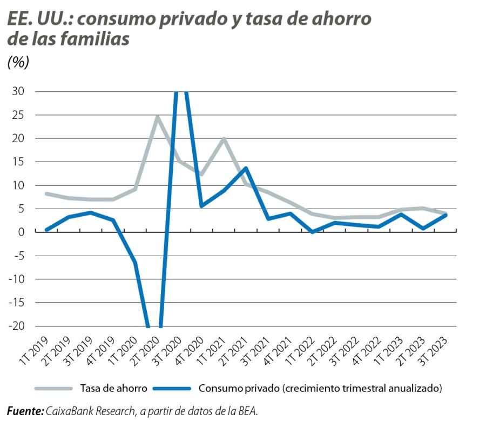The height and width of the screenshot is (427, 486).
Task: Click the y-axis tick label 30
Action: [17, 91]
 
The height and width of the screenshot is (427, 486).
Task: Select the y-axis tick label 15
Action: [18, 162]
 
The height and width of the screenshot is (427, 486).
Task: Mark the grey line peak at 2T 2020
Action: [157, 117]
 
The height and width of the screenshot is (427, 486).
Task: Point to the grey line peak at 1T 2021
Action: [224, 139]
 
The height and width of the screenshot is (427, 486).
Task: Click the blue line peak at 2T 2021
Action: [246, 168]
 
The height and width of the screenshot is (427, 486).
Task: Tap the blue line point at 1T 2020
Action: [134, 262]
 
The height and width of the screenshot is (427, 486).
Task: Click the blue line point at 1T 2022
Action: [313, 231]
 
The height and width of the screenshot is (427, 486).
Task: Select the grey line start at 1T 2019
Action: [46, 194]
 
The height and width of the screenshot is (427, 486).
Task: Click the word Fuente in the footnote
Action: [25, 411]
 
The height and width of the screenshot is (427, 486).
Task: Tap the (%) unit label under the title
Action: [18, 63]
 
